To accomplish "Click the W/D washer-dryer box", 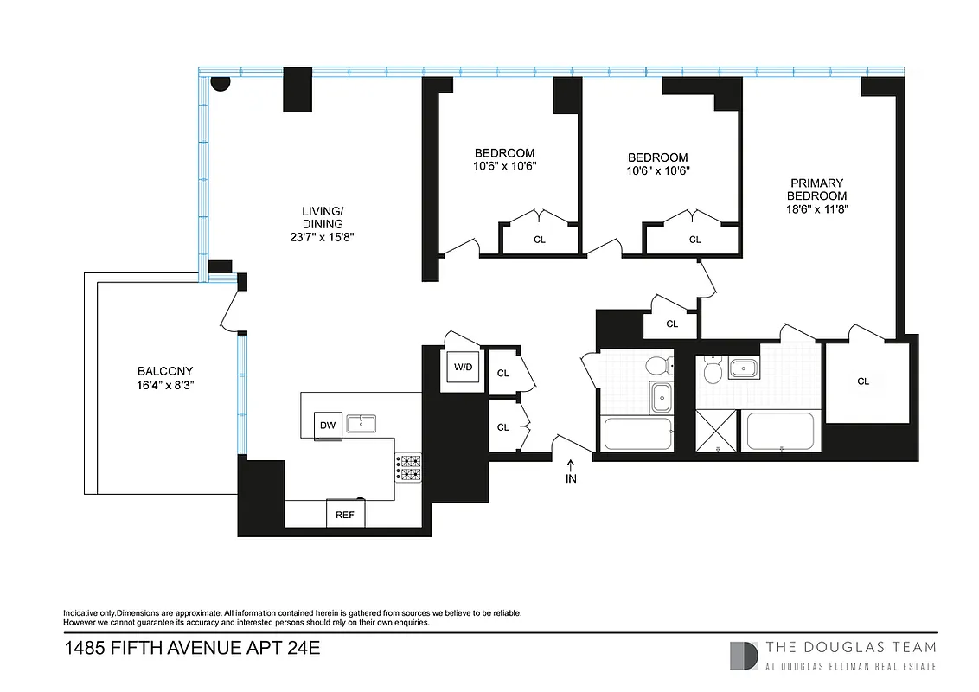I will pos(463,368).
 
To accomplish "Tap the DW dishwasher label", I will pos(327,425).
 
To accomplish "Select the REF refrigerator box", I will pos(345,514).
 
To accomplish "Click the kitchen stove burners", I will pos(408,467).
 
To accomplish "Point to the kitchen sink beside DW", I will pos(362,424).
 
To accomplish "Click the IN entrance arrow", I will pos(571,472).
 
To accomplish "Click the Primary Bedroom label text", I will pos(817,189).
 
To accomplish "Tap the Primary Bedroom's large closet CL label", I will pos(862,381).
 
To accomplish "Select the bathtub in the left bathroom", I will pos(637,434).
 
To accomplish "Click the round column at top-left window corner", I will pos(221,83).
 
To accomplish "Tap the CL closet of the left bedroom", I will pos(540,240).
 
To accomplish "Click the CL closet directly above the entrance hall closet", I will pos(502,374).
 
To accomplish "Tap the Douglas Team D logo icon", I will pos(744,655).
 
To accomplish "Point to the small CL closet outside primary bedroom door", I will pos(672,324).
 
